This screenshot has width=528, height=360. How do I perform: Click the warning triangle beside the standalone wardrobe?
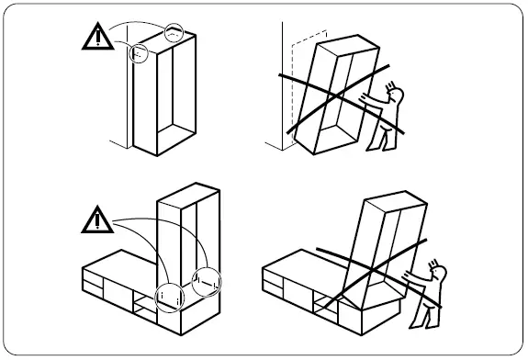95,37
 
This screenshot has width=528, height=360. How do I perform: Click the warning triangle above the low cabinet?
95,220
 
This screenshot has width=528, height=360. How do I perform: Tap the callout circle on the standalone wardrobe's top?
174,32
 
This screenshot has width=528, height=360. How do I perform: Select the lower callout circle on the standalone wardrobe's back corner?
138,53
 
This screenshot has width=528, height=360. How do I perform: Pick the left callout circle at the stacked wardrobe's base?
168,294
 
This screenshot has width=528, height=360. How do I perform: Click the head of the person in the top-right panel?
394,92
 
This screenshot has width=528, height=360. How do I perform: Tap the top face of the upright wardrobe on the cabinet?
189,193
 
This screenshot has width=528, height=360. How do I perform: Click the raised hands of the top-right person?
369,96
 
